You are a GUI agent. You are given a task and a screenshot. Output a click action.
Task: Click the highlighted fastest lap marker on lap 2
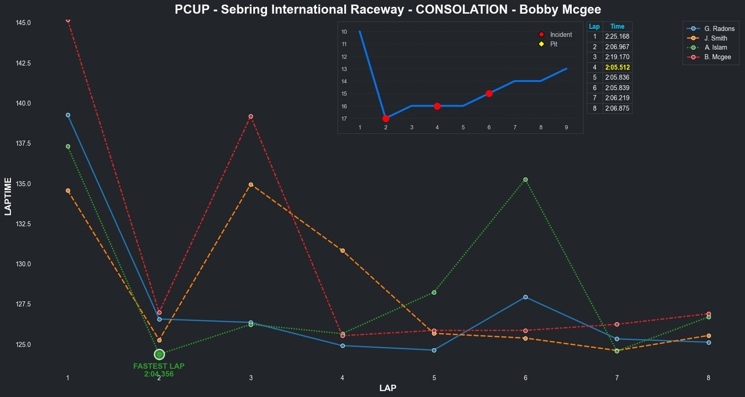coord(159,354)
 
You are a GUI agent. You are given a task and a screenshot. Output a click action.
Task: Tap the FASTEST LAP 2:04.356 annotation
coord(159,370)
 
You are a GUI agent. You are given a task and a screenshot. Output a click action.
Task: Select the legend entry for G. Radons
coord(719,29)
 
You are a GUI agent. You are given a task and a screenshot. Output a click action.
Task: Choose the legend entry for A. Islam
coord(715,47)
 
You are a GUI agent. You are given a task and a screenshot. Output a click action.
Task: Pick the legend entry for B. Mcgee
coord(717,57)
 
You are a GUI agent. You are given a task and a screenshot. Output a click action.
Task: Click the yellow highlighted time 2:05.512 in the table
coord(617,67)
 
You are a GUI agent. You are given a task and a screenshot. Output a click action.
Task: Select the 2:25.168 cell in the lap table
coord(617,36)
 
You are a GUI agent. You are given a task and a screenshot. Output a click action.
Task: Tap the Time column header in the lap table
coord(617,26)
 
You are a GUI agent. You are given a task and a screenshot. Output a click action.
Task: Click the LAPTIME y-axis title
coord(8,196)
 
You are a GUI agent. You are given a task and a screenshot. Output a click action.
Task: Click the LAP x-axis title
coord(388,388)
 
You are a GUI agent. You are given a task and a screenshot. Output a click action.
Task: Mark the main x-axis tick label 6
coord(525,378)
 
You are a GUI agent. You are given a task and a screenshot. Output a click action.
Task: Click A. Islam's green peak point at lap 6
coord(525,179)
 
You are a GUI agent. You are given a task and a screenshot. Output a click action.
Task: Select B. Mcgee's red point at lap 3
coord(251,117)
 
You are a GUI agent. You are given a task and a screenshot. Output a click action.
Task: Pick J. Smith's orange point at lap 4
coord(342,250)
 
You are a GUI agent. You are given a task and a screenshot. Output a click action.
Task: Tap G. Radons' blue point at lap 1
coord(68,115)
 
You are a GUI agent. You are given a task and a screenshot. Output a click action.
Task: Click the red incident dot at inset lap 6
coord(489,93)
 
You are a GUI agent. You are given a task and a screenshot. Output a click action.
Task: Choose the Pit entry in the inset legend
coord(554,44)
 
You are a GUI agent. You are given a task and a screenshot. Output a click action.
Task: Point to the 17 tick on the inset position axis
coord(344,119)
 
